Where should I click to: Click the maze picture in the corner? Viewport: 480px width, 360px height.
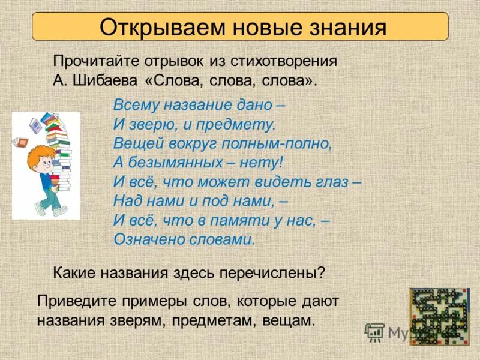439,316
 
